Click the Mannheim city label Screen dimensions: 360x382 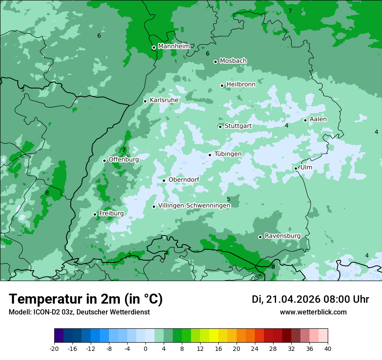[x=174, y=46]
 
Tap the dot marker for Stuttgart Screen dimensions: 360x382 [x=221, y=127]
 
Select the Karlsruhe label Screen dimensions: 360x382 [x=164, y=100]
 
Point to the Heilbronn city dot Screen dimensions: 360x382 [x=222, y=85]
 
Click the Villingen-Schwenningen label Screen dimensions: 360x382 [x=194, y=206]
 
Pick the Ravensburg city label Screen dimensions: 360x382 [x=283, y=236]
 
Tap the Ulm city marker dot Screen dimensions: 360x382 [x=296, y=168]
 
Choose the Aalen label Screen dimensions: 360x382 [x=318, y=119]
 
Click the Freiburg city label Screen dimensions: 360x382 [x=111, y=213]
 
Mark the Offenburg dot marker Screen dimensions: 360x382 [x=105, y=160]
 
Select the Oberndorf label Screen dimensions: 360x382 [x=184, y=180]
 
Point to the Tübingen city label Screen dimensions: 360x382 [x=228, y=154]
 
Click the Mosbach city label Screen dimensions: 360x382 [x=233, y=61]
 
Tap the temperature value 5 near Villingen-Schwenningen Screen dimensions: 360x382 [x=228, y=199]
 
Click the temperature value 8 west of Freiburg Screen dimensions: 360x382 [x=47, y=193]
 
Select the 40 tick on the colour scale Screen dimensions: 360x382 [x=328, y=348]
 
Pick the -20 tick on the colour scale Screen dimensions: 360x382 [x=54, y=348]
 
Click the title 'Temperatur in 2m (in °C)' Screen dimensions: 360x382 [x=86, y=299]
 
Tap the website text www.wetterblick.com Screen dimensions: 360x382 [x=313, y=312]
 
